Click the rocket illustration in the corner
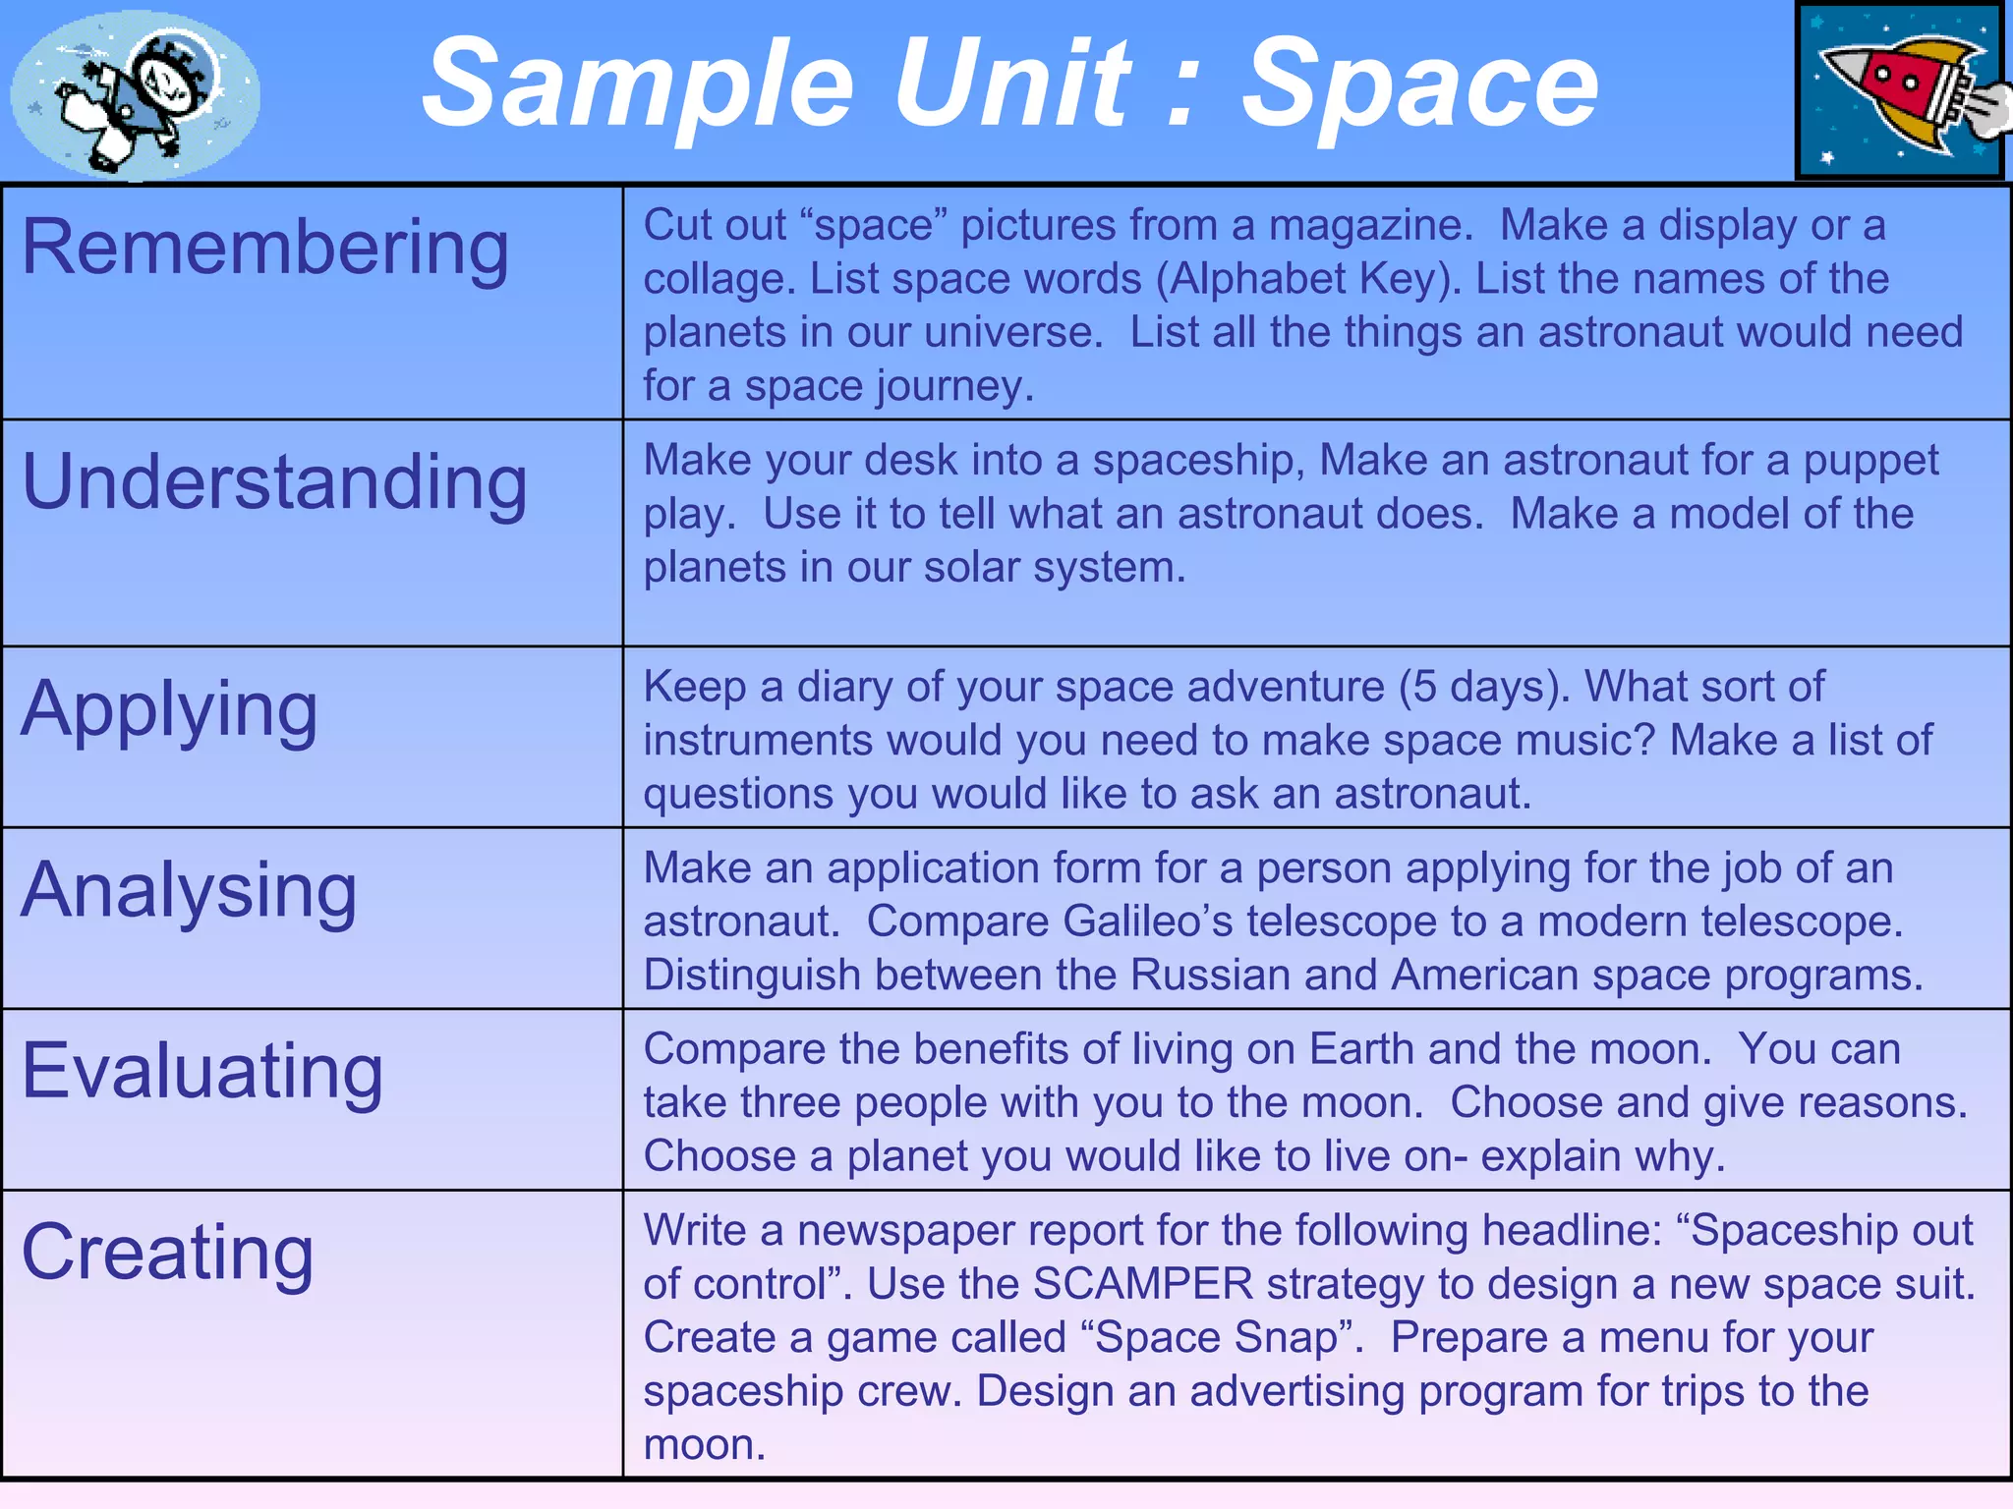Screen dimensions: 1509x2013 1899,91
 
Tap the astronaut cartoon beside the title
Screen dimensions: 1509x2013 135,94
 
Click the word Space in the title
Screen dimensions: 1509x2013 1420,84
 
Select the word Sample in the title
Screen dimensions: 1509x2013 639,86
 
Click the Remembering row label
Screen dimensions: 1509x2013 265,248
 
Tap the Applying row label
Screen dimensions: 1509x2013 169,710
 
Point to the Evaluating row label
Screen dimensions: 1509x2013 202,1072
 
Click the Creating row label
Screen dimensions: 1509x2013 167,1254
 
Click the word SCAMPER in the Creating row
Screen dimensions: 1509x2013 1143,1284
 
